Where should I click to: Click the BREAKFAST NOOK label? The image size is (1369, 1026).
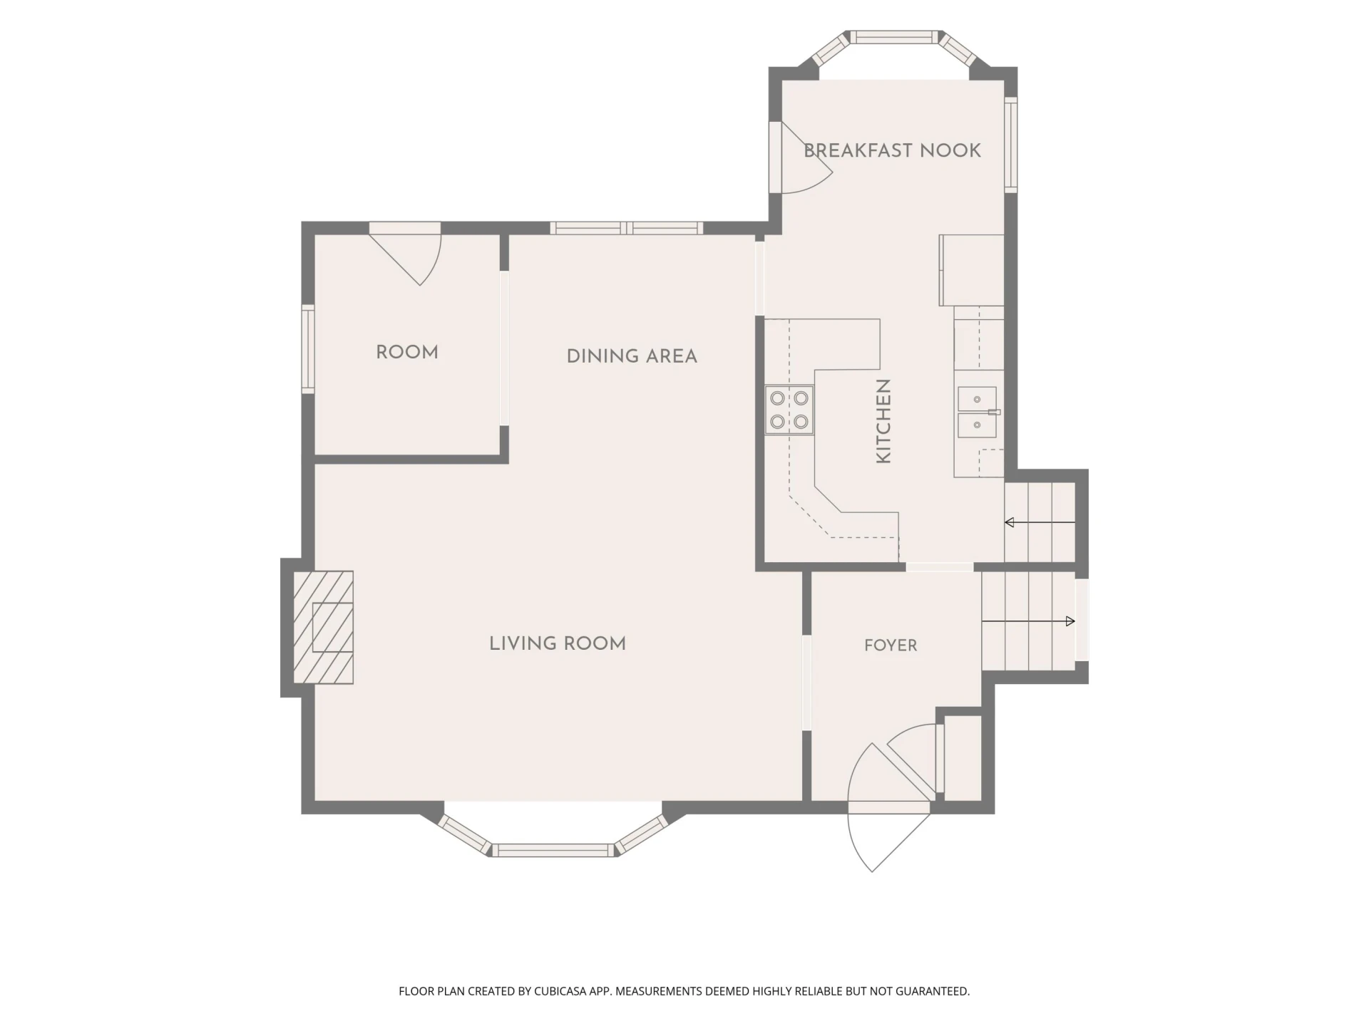(x=892, y=150)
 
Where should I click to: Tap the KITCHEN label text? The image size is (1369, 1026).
(x=883, y=421)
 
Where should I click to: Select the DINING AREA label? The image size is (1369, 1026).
(x=632, y=356)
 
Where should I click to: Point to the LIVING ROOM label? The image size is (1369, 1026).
(x=558, y=643)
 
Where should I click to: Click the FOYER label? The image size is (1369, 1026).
(x=891, y=646)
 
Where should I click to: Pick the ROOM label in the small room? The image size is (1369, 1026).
(x=407, y=352)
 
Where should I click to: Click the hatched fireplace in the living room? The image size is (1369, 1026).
(x=323, y=627)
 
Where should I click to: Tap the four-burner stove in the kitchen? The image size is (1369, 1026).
(x=789, y=410)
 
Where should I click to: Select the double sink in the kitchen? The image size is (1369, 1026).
(x=977, y=413)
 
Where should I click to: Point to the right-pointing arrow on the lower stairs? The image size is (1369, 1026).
(x=1028, y=621)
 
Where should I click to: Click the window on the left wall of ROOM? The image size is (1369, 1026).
(x=308, y=349)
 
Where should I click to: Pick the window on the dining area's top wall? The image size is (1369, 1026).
(x=626, y=228)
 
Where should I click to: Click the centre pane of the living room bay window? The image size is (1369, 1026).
(x=553, y=850)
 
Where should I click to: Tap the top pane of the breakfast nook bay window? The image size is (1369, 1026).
(x=895, y=37)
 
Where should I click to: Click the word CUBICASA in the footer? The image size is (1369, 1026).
(x=562, y=991)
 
